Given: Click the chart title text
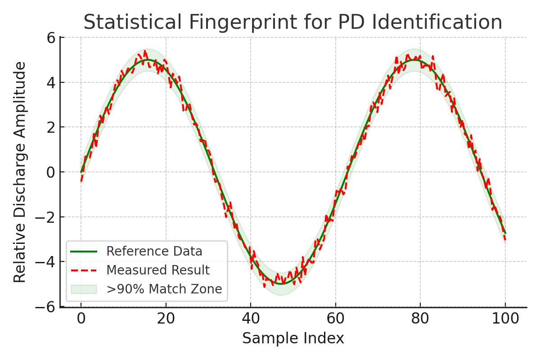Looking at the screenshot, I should click(292, 22).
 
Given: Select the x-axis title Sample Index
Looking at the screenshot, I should click(293, 338).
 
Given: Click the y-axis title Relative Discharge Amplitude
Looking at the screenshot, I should click(20, 172).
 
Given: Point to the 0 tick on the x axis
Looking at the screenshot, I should click(81, 318).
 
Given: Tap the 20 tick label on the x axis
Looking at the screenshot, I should click(166, 318).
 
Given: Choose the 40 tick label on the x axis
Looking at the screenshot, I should click(251, 318).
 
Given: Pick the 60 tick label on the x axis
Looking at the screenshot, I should click(335, 318).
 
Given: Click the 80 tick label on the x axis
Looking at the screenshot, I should click(420, 318).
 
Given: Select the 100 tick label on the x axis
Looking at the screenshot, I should click(505, 318).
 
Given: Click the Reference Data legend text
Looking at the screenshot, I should click(154, 251).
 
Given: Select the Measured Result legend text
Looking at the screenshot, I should click(158, 270).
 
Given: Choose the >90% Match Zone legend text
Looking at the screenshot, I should click(164, 289).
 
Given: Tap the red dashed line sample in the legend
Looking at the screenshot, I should click(84, 270).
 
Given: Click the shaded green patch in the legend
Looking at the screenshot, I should click(84, 289).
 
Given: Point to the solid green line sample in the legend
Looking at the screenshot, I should click(84, 251).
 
